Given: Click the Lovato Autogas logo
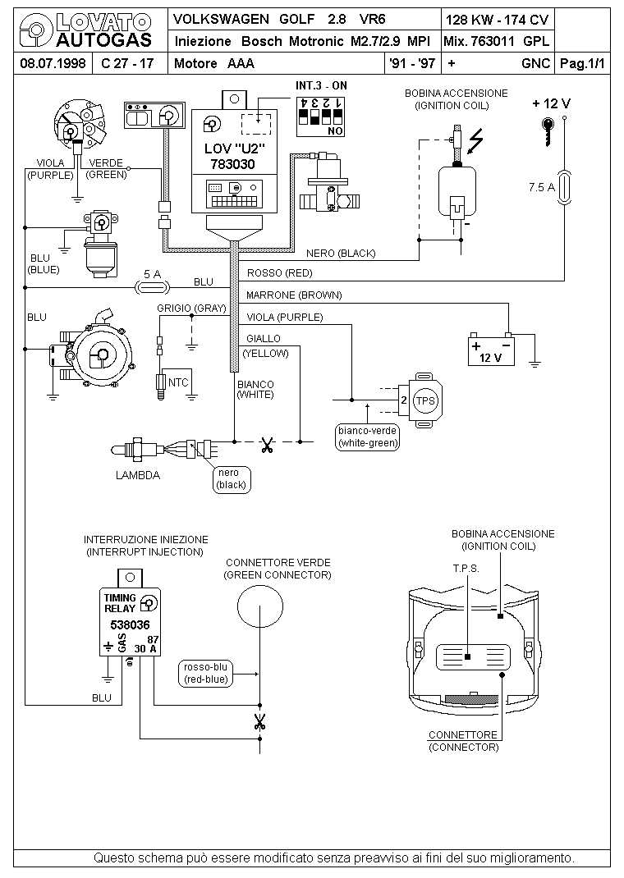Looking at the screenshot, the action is click(85, 31).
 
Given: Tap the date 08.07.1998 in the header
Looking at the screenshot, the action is click(53, 63).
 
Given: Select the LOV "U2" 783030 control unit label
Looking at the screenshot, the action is click(234, 156).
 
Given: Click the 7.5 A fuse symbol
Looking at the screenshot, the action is click(565, 187).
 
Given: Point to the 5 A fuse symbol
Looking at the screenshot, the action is click(153, 288).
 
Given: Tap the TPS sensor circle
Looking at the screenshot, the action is click(425, 400).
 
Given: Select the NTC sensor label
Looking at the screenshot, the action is click(178, 382).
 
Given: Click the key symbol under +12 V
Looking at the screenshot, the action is click(548, 131).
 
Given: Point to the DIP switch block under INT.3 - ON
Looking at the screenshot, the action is click(320, 117).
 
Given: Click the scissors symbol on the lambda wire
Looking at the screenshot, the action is click(267, 446).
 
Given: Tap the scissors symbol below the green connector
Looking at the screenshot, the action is click(259, 722).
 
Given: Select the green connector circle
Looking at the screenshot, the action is click(260, 606).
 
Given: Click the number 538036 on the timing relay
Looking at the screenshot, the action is click(130, 625).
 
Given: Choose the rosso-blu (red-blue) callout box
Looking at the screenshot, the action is click(206, 673).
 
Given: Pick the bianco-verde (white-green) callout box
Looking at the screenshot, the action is click(368, 437).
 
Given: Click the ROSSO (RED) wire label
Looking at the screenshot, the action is click(279, 273).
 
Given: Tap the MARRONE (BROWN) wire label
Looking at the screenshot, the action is click(294, 295).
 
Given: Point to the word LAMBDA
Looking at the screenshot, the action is click(138, 475).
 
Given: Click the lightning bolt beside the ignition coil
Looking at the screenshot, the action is click(475, 141).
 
